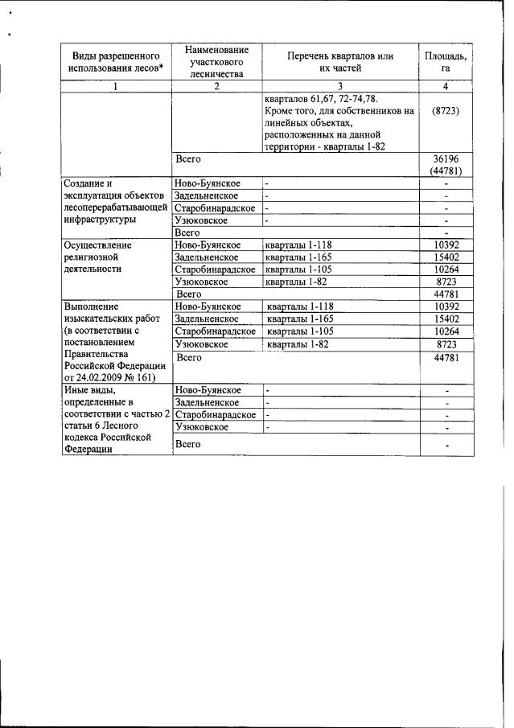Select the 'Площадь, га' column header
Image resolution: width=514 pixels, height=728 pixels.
(445, 61)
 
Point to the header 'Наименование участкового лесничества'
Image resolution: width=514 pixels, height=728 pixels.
(216, 60)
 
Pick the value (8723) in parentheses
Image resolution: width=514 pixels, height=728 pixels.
(445, 112)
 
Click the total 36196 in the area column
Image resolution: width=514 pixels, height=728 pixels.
(445, 159)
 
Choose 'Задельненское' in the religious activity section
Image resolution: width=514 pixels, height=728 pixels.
(206, 257)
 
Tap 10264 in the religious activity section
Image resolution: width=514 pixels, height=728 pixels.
(445, 269)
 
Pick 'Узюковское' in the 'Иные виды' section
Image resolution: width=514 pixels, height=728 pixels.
(201, 427)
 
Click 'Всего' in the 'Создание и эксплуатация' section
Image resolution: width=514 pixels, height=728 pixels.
(187, 232)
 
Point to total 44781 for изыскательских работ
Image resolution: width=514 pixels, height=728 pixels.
(445, 357)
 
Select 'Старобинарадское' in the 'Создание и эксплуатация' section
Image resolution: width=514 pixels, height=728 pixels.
(215, 208)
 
